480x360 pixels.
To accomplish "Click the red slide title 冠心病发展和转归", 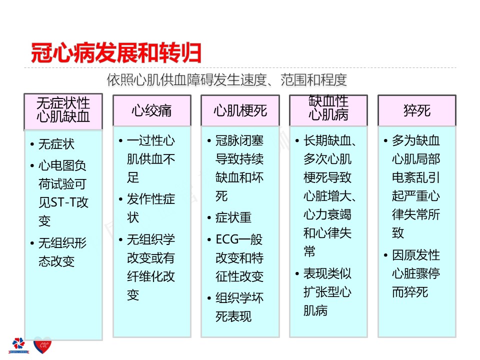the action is point(116,53).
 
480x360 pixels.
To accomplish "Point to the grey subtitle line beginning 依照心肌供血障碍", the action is point(227,80).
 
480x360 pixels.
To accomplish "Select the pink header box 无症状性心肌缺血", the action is point(63,111).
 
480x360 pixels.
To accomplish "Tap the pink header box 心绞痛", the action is point(152,110).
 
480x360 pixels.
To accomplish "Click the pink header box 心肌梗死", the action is point(240,110).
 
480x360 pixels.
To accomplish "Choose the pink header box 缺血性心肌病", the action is point(328,110).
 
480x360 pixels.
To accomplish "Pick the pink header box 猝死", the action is point(417,110).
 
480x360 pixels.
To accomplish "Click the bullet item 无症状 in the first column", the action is point(56,144).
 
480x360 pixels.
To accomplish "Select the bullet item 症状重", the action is point(233,217).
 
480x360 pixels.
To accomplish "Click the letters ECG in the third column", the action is point(227,239).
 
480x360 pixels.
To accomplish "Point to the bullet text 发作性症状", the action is point(151,208).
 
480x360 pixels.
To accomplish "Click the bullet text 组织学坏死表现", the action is point(239,307).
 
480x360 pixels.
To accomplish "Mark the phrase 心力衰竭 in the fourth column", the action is point(327,214).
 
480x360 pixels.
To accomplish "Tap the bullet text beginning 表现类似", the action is point(327,292).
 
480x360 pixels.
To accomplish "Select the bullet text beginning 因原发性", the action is point(416,273).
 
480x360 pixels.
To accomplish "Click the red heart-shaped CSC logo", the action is point(42,345).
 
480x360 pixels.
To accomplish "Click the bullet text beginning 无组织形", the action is point(62,252).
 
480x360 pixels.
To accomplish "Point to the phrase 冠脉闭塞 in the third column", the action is point(239,140).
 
